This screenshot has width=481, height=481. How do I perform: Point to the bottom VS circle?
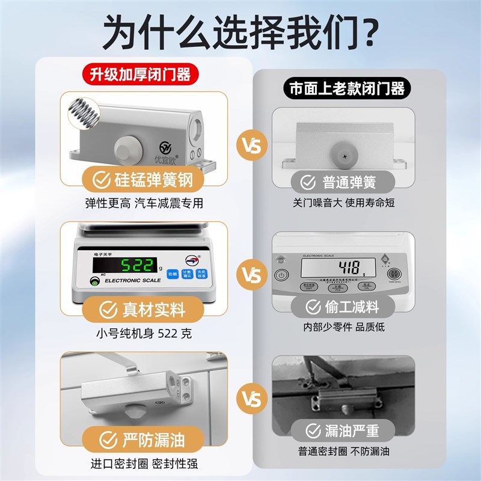[252, 399]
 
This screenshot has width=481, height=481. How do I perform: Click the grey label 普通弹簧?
[343, 181]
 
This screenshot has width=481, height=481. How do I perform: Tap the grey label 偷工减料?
[343, 307]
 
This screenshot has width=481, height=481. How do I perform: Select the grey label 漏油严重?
[343, 430]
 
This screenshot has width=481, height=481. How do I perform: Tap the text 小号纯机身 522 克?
[144, 334]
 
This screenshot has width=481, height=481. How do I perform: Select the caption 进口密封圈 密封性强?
[144, 464]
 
